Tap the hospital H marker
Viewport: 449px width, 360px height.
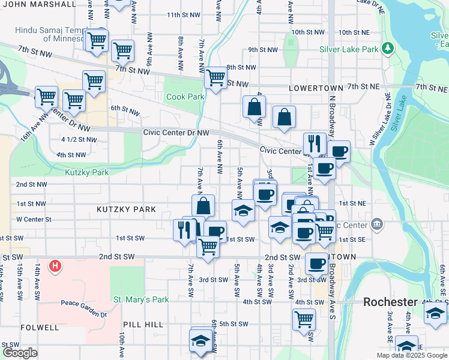click(x=55, y=265)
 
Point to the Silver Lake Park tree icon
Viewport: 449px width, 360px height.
click(x=388, y=47)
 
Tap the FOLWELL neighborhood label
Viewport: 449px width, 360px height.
click(x=40, y=328)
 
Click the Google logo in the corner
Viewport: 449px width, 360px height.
click(x=20, y=353)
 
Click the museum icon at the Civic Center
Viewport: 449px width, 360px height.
click(x=376, y=224)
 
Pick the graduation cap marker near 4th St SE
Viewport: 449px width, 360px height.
click(x=435, y=313)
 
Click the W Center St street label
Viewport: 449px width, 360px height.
click(x=34, y=220)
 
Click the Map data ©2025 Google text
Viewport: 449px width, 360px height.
click(x=411, y=355)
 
